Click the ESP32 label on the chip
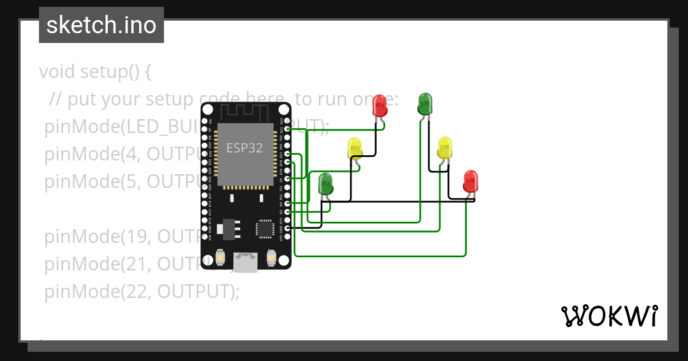point(244,148)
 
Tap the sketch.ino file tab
point(101,25)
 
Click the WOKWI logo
point(608,316)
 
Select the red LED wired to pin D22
point(380,105)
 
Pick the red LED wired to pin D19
point(470,182)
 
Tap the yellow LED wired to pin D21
point(444,148)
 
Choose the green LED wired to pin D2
point(326,185)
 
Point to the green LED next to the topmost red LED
point(425,104)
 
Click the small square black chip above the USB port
point(264,228)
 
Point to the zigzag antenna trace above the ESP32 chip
point(245,111)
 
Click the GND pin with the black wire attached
point(287,228)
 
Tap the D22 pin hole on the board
point(287,130)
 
